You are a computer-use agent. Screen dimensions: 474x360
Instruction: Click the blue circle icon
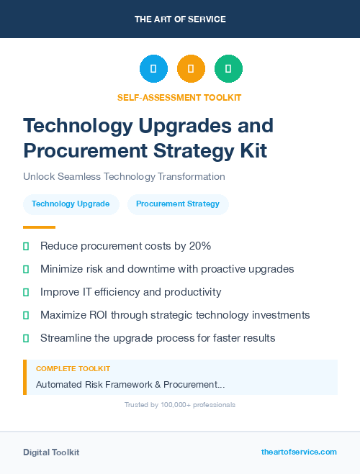coord(153,68)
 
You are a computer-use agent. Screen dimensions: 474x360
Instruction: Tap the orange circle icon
coord(191,68)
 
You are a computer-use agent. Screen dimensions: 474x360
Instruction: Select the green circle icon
coord(228,68)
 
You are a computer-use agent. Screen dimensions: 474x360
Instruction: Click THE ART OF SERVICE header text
coord(180,19)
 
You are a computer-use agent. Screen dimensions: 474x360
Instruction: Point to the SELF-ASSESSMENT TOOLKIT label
coord(179,97)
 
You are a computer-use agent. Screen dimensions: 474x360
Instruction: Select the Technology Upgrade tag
coord(71,204)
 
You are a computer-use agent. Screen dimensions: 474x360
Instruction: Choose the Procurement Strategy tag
coord(178,204)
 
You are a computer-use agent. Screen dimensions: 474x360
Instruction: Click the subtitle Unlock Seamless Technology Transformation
coord(124,176)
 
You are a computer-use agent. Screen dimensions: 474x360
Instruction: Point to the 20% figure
coord(199,246)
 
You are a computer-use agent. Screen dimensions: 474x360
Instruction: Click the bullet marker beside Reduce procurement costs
coord(26,246)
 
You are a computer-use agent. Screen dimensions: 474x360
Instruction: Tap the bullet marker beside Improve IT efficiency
coord(26,292)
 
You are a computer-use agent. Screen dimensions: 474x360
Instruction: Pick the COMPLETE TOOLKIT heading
coord(73,368)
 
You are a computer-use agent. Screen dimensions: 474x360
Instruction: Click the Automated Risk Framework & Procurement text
coord(130,385)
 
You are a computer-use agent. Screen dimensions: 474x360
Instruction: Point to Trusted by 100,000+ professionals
coord(180,405)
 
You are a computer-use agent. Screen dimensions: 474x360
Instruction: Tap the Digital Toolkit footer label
coord(51,452)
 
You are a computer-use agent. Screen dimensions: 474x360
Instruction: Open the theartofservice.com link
coord(299,452)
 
